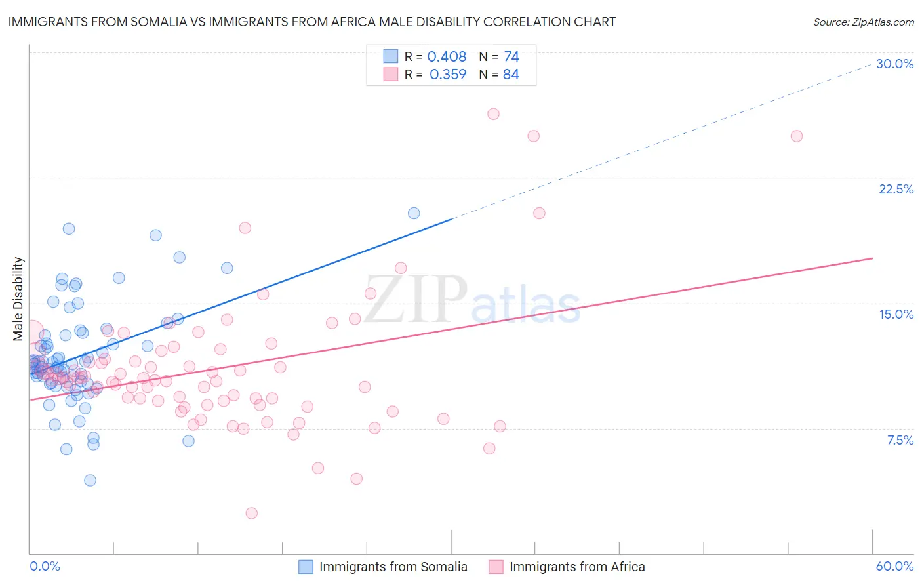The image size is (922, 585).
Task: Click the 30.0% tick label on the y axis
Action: pos(894,64)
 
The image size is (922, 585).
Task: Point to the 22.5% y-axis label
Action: pos(896,189)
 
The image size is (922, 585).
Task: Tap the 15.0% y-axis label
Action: pos(896,314)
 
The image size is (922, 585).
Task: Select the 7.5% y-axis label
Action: pos(900,440)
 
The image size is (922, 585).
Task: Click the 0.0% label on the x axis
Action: pos(45,566)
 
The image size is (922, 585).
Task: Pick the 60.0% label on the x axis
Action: pos(894,566)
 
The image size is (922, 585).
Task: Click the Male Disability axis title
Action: pos(18,299)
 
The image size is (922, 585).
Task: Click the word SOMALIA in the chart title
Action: pos(165,22)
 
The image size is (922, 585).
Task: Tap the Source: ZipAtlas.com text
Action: pos(863,22)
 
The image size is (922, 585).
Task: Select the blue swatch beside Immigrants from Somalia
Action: pos(306,567)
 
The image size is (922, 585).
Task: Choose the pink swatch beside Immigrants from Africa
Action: pos(496,567)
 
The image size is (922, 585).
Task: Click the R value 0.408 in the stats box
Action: pos(447,57)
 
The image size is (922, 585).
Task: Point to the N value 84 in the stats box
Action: pos(511,75)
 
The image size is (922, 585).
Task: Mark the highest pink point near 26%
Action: pos(493,114)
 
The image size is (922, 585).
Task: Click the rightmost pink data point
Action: pos(797,136)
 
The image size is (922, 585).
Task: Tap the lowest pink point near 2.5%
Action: pos(251,513)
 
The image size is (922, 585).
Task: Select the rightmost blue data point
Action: pos(414,213)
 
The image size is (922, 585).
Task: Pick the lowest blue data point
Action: pos(90,480)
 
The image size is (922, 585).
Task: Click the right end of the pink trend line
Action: pos(872,258)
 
